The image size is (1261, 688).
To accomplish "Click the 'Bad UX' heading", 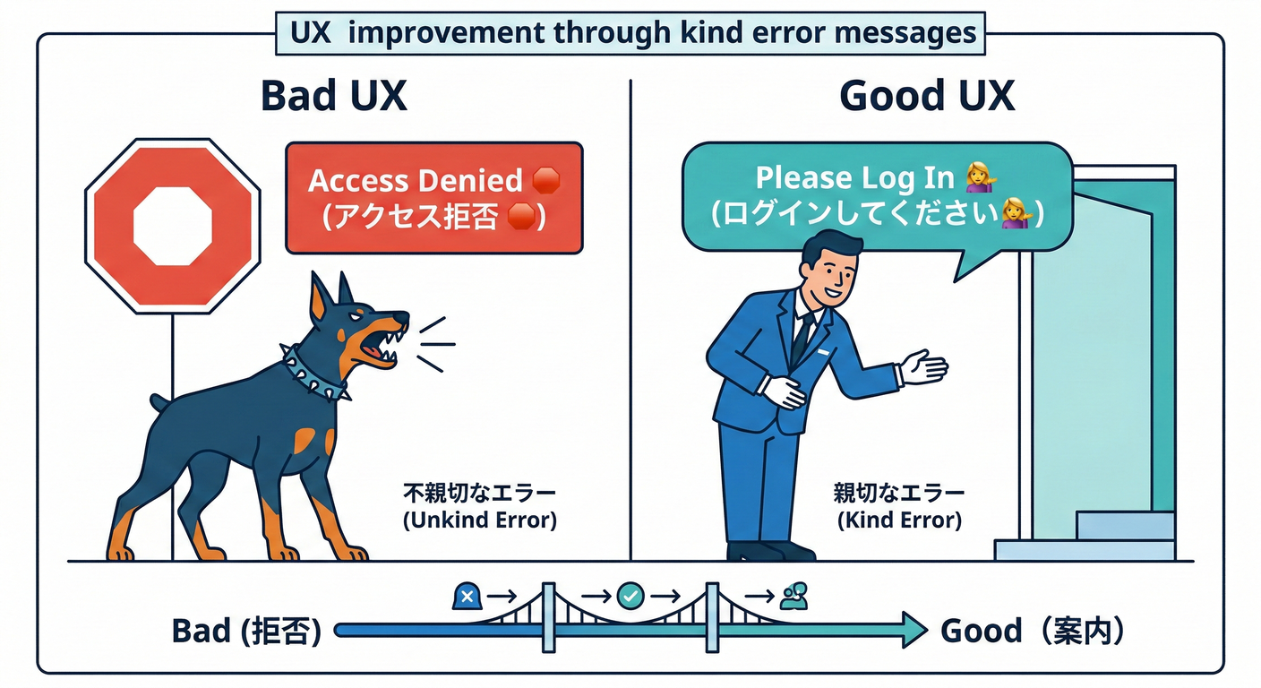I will click(x=333, y=96).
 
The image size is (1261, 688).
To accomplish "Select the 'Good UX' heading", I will click(x=927, y=96).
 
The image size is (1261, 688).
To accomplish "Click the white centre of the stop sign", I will click(x=172, y=225).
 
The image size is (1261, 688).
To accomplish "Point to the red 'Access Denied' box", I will click(x=433, y=198).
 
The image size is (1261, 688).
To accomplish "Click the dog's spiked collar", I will click(x=314, y=372).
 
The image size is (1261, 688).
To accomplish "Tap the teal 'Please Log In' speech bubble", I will click(x=877, y=197).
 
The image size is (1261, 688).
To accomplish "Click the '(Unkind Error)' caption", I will click(x=479, y=520).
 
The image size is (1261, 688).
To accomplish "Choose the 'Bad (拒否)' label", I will click(x=246, y=632).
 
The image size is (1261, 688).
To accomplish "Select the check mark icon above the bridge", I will click(x=630, y=594).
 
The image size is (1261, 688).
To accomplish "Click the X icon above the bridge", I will click(x=467, y=594).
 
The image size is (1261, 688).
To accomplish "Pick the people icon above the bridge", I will click(x=793, y=595).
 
